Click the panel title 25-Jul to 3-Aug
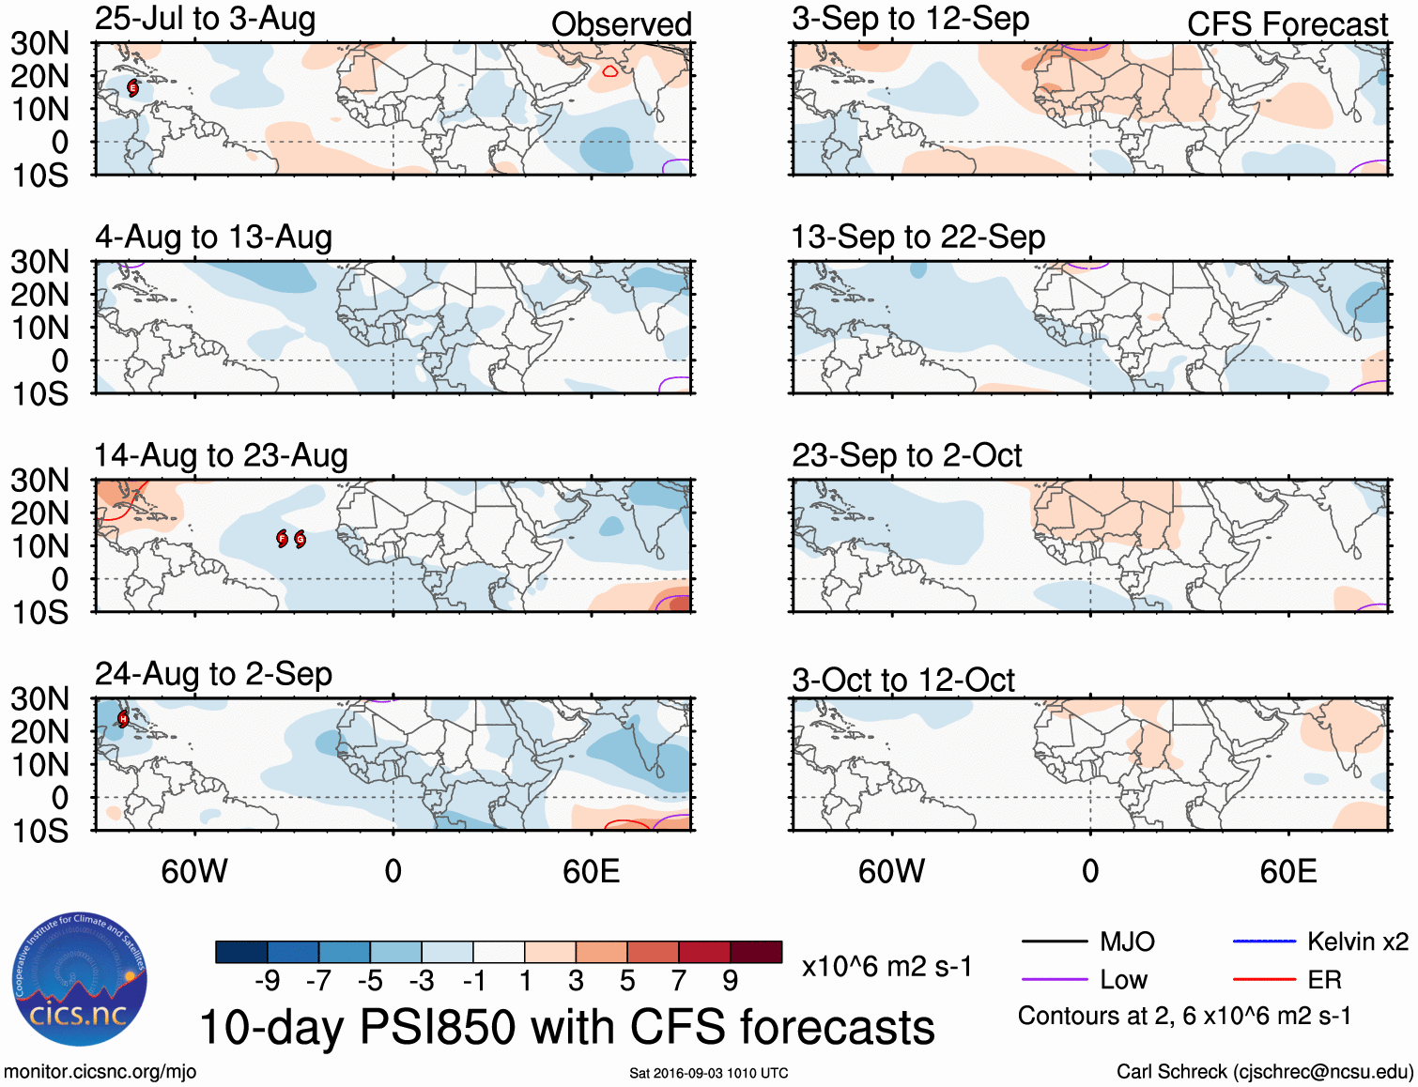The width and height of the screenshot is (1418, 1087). coord(205,20)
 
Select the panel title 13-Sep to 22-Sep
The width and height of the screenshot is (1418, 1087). coord(917,237)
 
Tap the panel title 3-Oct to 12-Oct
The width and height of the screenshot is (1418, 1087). coord(902,681)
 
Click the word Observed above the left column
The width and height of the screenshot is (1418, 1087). coord(621,24)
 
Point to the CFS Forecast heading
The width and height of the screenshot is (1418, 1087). coord(1287,24)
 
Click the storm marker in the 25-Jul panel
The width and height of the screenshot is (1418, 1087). coord(132,87)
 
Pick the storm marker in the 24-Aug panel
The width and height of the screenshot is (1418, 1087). coord(123,719)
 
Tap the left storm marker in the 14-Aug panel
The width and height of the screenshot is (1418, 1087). coord(283,538)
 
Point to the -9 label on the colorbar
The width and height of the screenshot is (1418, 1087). coord(267,981)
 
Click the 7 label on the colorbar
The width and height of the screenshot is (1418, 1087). coord(679,981)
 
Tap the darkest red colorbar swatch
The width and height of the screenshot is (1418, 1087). coord(756,952)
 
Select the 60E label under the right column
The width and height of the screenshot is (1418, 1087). coord(1287,872)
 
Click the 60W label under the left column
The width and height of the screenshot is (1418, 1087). coord(194,872)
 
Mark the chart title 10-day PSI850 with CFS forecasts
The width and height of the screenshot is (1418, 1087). coord(566,1027)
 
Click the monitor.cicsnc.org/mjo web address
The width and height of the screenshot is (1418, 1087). coord(100,1072)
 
